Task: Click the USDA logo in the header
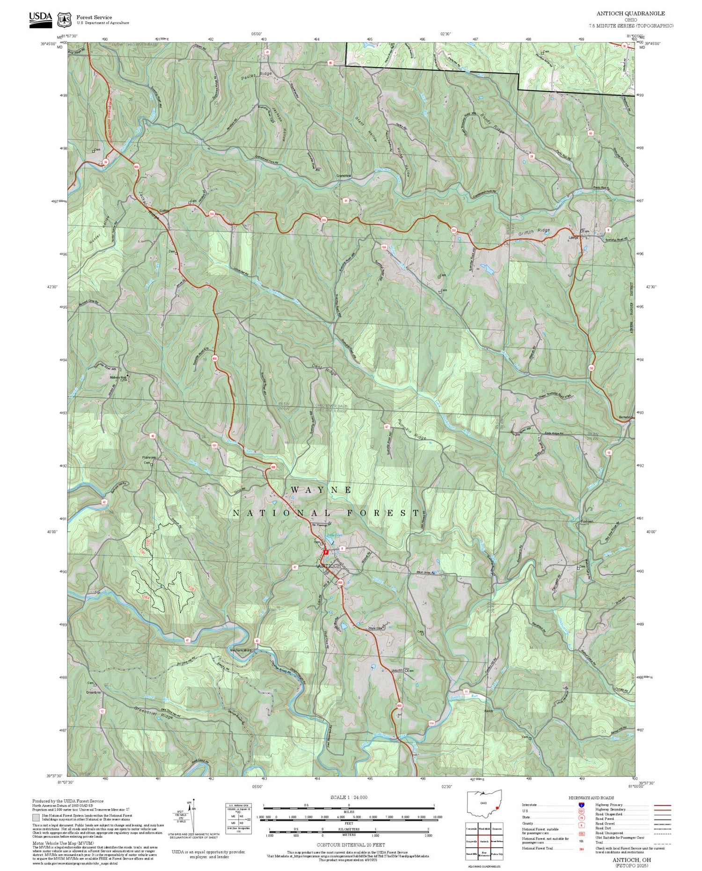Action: pyautogui.click(x=40, y=18)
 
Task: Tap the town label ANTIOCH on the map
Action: pyautogui.click(x=329, y=566)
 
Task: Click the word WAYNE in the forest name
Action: pyautogui.click(x=322, y=490)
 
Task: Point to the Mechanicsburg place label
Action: pyautogui.click(x=241, y=650)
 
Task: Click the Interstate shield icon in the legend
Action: pyautogui.click(x=581, y=804)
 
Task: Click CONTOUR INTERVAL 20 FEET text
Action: pyautogui.click(x=351, y=845)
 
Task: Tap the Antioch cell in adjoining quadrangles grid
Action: pyautogui.click(x=484, y=841)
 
